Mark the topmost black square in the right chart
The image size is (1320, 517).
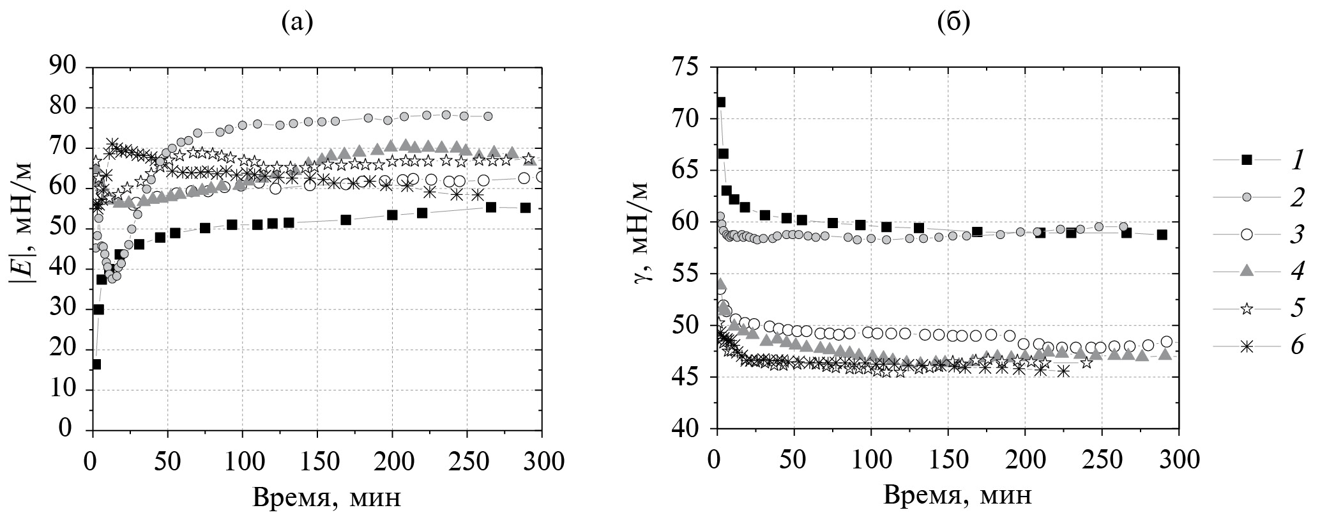[721, 102]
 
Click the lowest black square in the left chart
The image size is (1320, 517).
[96, 364]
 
